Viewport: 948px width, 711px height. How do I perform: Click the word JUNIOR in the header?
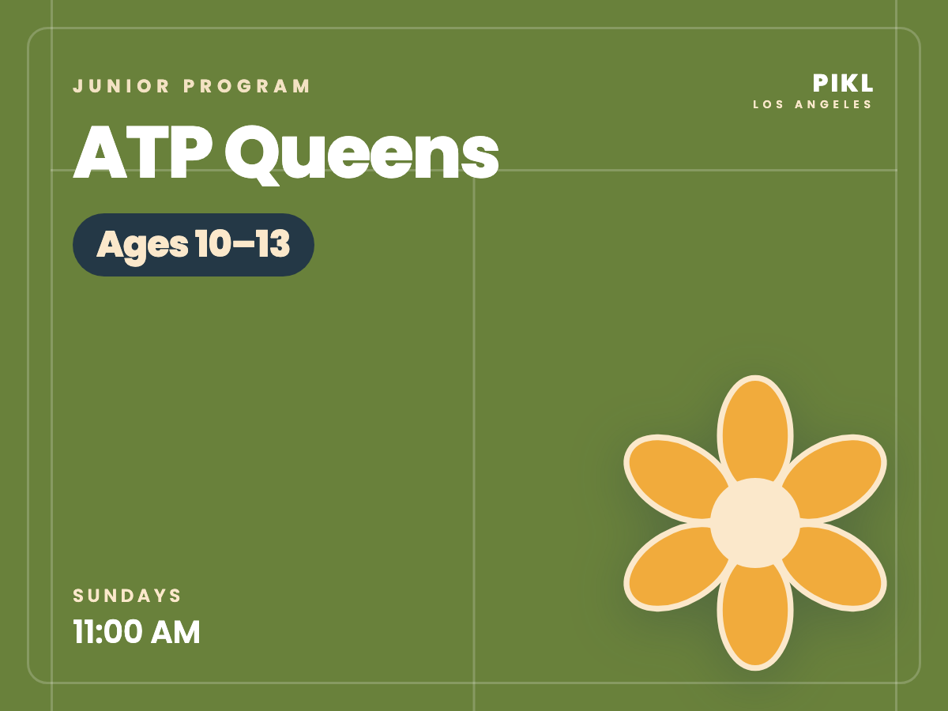(x=121, y=86)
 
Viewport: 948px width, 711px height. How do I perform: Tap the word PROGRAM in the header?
(x=246, y=86)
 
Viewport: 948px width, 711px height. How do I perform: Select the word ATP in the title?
(x=143, y=152)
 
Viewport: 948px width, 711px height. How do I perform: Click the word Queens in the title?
(x=362, y=156)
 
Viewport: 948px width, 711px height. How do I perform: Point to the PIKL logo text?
(x=843, y=83)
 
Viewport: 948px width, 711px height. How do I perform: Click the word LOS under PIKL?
(x=768, y=104)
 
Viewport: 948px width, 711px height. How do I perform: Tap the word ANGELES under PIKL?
(x=833, y=104)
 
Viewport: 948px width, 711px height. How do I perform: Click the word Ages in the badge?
(x=142, y=246)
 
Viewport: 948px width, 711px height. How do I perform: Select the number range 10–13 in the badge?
(x=243, y=243)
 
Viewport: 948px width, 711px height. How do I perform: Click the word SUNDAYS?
(x=127, y=596)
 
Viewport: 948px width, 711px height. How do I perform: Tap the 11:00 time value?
(x=107, y=632)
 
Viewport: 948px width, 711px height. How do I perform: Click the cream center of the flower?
(x=755, y=523)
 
